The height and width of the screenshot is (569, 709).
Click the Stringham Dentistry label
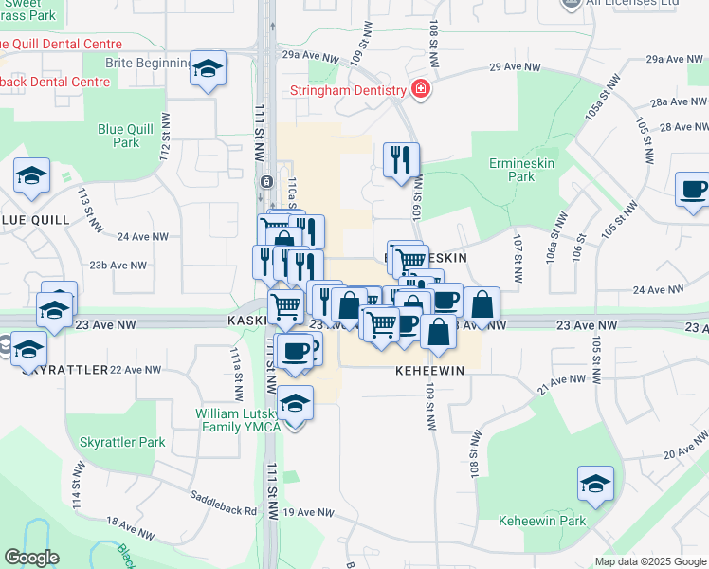[x=349, y=92]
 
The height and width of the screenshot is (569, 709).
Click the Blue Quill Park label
[x=118, y=137]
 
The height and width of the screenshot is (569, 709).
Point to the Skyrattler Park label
[x=122, y=442]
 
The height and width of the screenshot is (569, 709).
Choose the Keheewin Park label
[x=542, y=521]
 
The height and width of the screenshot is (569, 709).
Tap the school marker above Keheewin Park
[x=595, y=485]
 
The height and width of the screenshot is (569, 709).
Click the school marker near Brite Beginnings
[x=208, y=68]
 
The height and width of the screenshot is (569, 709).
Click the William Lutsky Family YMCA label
[x=238, y=420]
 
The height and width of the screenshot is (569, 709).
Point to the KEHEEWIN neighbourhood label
[x=429, y=371]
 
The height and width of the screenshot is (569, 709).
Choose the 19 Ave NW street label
[x=309, y=512]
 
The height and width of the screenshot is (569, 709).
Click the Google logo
[x=31, y=558]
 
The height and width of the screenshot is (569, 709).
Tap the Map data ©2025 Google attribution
[x=649, y=561]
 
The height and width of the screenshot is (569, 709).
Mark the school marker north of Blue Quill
[x=31, y=175]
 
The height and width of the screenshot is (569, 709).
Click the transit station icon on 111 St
[x=267, y=181]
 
